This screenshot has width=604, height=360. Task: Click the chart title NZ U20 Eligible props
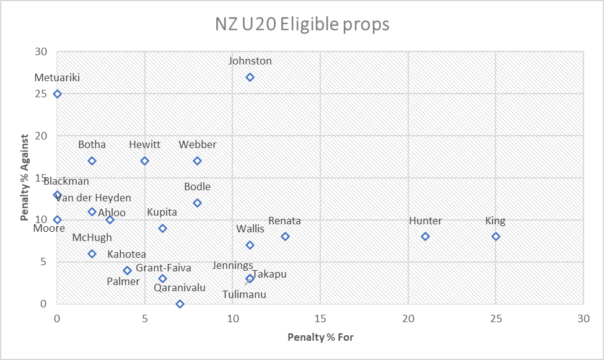(302, 24)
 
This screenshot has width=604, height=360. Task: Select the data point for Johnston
(250, 77)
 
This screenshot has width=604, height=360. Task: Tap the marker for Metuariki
(57, 94)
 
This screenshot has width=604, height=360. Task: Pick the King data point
(496, 237)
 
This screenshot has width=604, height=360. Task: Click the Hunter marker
(425, 237)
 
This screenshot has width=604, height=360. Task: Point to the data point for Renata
(285, 237)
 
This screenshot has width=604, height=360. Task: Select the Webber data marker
(197, 161)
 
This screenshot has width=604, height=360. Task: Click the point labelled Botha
(92, 161)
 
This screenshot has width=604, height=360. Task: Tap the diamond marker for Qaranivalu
(180, 304)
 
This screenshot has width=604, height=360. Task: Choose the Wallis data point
(250, 245)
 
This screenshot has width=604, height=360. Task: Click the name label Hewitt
(144, 145)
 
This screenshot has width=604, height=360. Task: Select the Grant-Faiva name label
(163, 268)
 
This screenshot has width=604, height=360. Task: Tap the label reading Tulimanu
(245, 295)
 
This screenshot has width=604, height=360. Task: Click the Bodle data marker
(197, 203)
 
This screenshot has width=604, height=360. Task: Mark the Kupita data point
(162, 229)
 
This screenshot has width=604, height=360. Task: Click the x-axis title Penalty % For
(320, 338)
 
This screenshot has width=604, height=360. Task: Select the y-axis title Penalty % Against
(24, 178)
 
